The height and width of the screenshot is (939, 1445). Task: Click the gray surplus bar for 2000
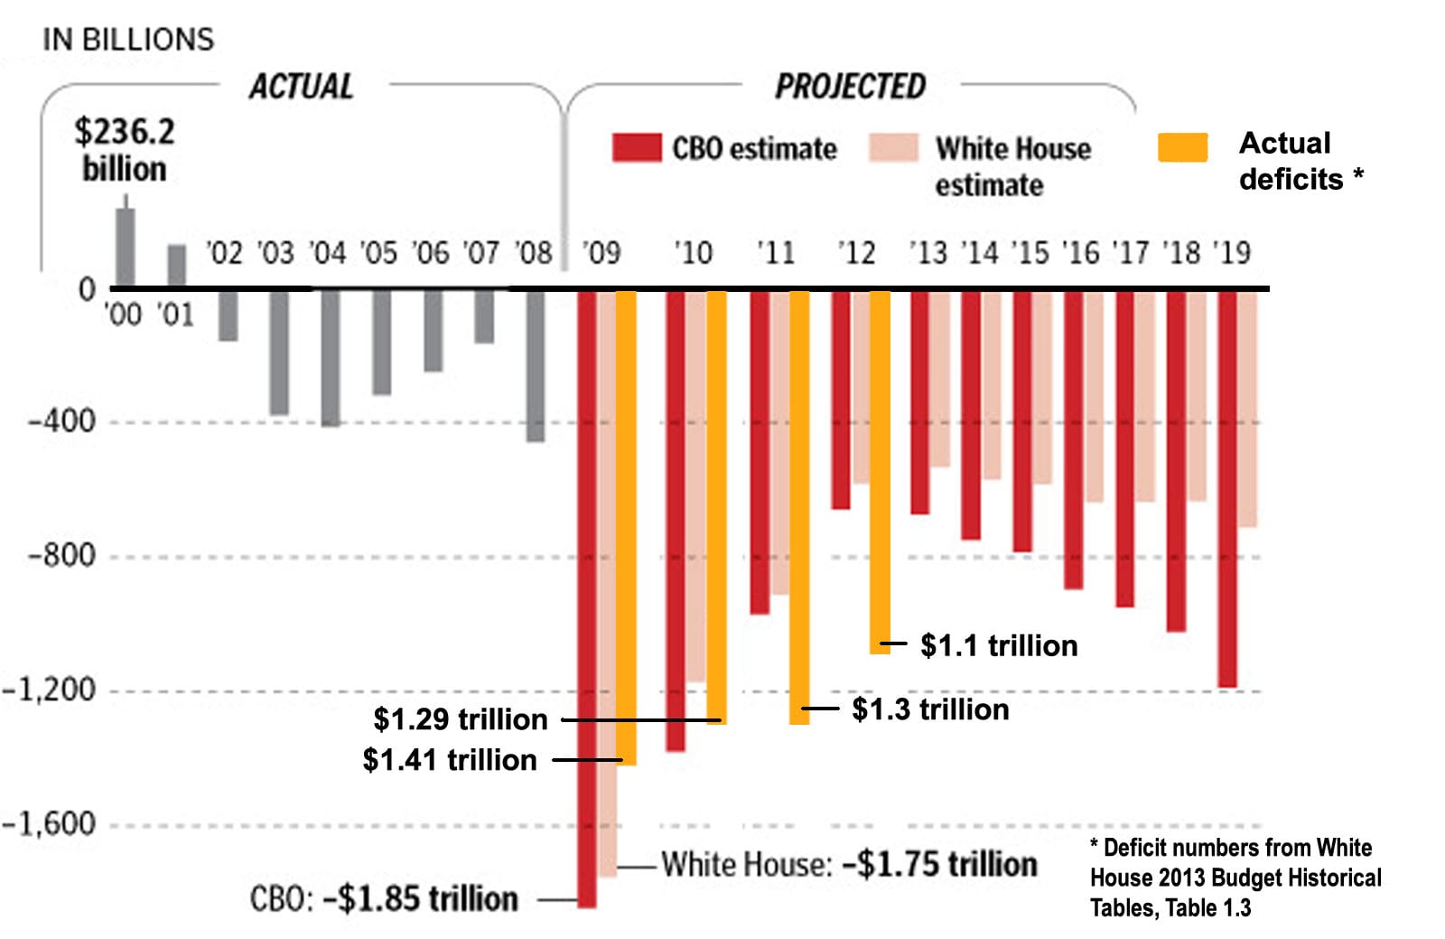[x=126, y=248]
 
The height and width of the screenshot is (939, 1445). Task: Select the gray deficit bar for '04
[x=331, y=358]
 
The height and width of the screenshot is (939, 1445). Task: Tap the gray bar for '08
[x=536, y=365]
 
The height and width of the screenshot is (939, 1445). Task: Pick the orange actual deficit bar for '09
[x=626, y=528]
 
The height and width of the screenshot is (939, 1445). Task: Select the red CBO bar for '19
[x=1227, y=488]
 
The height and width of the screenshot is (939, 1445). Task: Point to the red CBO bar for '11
[x=760, y=452]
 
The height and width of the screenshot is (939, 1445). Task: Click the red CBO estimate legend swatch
[x=637, y=148]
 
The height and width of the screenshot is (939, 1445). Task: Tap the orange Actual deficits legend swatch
[x=1182, y=147]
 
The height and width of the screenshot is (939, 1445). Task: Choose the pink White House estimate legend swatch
[x=893, y=148]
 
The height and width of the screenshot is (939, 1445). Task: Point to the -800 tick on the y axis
[x=61, y=555]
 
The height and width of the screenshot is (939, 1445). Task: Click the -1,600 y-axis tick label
[x=49, y=823]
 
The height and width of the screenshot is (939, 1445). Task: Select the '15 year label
[x=1030, y=253]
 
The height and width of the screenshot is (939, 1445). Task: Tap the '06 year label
[x=431, y=253]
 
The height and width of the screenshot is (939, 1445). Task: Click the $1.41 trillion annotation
[x=450, y=759]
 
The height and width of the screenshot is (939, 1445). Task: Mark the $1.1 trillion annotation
[x=999, y=645]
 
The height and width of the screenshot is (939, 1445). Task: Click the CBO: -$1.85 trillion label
[x=384, y=899]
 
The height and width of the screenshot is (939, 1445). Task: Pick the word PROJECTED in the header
[x=850, y=87]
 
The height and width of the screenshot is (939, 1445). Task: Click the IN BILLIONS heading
[x=128, y=40]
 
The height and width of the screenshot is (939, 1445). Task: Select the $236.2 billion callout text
[x=125, y=150]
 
